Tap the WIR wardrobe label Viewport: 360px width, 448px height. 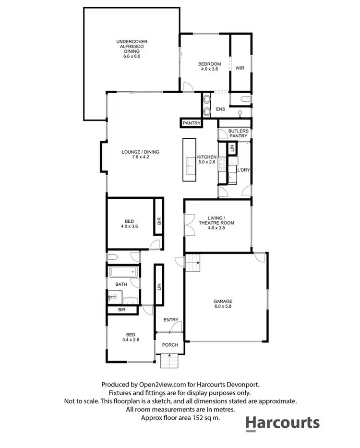click(240, 68)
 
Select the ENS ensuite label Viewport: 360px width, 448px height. click(220, 109)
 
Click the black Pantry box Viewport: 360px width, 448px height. click(191, 123)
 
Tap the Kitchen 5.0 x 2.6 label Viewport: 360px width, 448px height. click(207, 160)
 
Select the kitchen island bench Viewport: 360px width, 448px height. click(189, 160)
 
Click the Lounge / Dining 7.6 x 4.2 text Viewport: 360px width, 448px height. click(140, 155)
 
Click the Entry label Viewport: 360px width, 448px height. click(171, 320)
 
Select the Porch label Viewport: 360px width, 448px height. click(170, 345)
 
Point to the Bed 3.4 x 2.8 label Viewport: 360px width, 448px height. click(131, 338)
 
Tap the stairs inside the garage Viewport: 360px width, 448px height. click(193, 263)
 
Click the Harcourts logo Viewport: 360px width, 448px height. click(282, 423)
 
